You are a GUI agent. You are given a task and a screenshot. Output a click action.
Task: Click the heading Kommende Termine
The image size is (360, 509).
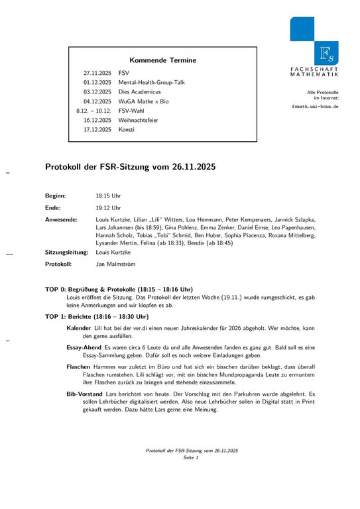coord(162,60)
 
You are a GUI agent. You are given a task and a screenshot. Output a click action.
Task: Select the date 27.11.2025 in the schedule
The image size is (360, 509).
coord(97,72)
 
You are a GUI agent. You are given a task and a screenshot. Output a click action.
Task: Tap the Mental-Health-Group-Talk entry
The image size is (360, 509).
coord(152,82)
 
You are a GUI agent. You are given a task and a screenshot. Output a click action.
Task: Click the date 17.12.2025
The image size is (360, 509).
coord(97,130)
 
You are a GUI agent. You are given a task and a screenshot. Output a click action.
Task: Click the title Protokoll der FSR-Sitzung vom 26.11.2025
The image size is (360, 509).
coord(130,168)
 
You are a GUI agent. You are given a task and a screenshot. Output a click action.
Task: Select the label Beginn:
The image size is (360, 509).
coord(56,196)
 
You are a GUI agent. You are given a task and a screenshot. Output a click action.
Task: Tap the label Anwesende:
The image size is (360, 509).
coord(61,219)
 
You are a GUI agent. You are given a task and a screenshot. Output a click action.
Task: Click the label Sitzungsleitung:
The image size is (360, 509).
coord(67,253)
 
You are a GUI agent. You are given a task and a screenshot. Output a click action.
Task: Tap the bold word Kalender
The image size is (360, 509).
coord(79,329)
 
